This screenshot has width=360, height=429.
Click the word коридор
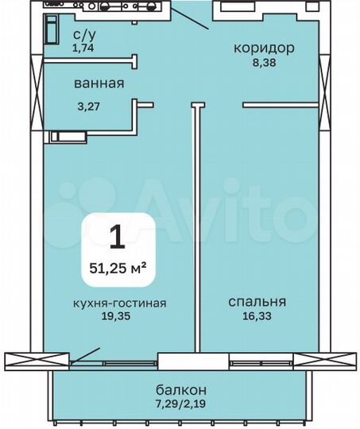(264, 48)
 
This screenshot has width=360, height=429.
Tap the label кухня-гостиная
(121, 302)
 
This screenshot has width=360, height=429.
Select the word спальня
(257, 302)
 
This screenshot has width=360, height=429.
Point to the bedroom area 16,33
(257, 316)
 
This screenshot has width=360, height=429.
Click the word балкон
(180, 389)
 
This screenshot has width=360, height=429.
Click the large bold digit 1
(117, 236)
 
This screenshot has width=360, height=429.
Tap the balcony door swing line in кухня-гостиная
(85, 354)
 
